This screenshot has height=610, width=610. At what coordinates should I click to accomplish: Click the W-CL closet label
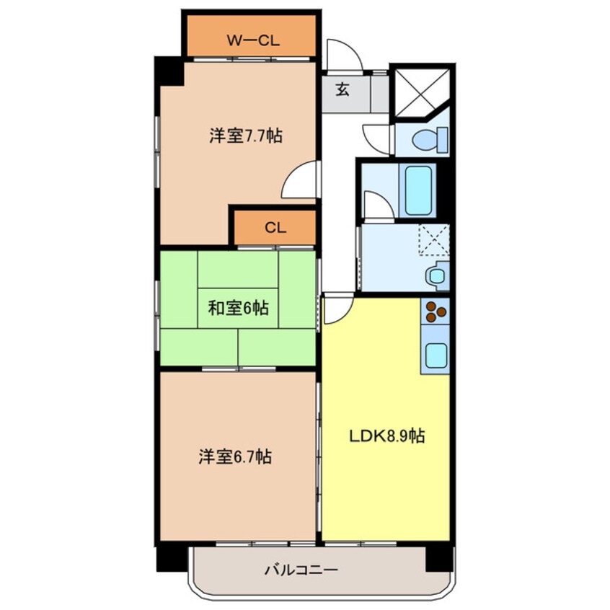pyautogui.click(x=253, y=40)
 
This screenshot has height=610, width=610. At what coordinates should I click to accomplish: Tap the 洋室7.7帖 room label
pyautogui.click(x=246, y=136)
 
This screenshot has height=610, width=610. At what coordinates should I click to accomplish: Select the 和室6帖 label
pyautogui.click(x=238, y=308)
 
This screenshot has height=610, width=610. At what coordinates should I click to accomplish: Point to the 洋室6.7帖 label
pyautogui.click(x=235, y=456)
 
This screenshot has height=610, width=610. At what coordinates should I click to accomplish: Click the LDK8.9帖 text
pyautogui.click(x=386, y=436)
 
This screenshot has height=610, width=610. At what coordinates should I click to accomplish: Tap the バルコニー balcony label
pyautogui.click(x=301, y=570)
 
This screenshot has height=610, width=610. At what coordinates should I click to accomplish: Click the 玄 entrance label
pyautogui.click(x=342, y=90)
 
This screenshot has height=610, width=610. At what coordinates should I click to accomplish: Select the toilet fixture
pyautogui.click(x=430, y=139)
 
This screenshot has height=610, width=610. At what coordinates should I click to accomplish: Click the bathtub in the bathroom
pyautogui.click(x=417, y=190)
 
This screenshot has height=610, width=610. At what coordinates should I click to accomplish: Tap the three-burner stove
pyautogui.click(x=436, y=311)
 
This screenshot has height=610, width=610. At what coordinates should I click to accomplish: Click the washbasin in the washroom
pyautogui.click(x=438, y=275)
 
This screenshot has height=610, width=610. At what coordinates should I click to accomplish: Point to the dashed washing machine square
pyautogui.click(x=434, y=240)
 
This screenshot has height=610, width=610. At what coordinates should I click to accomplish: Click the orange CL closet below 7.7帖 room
pyautogui.click(x=275, y=228)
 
